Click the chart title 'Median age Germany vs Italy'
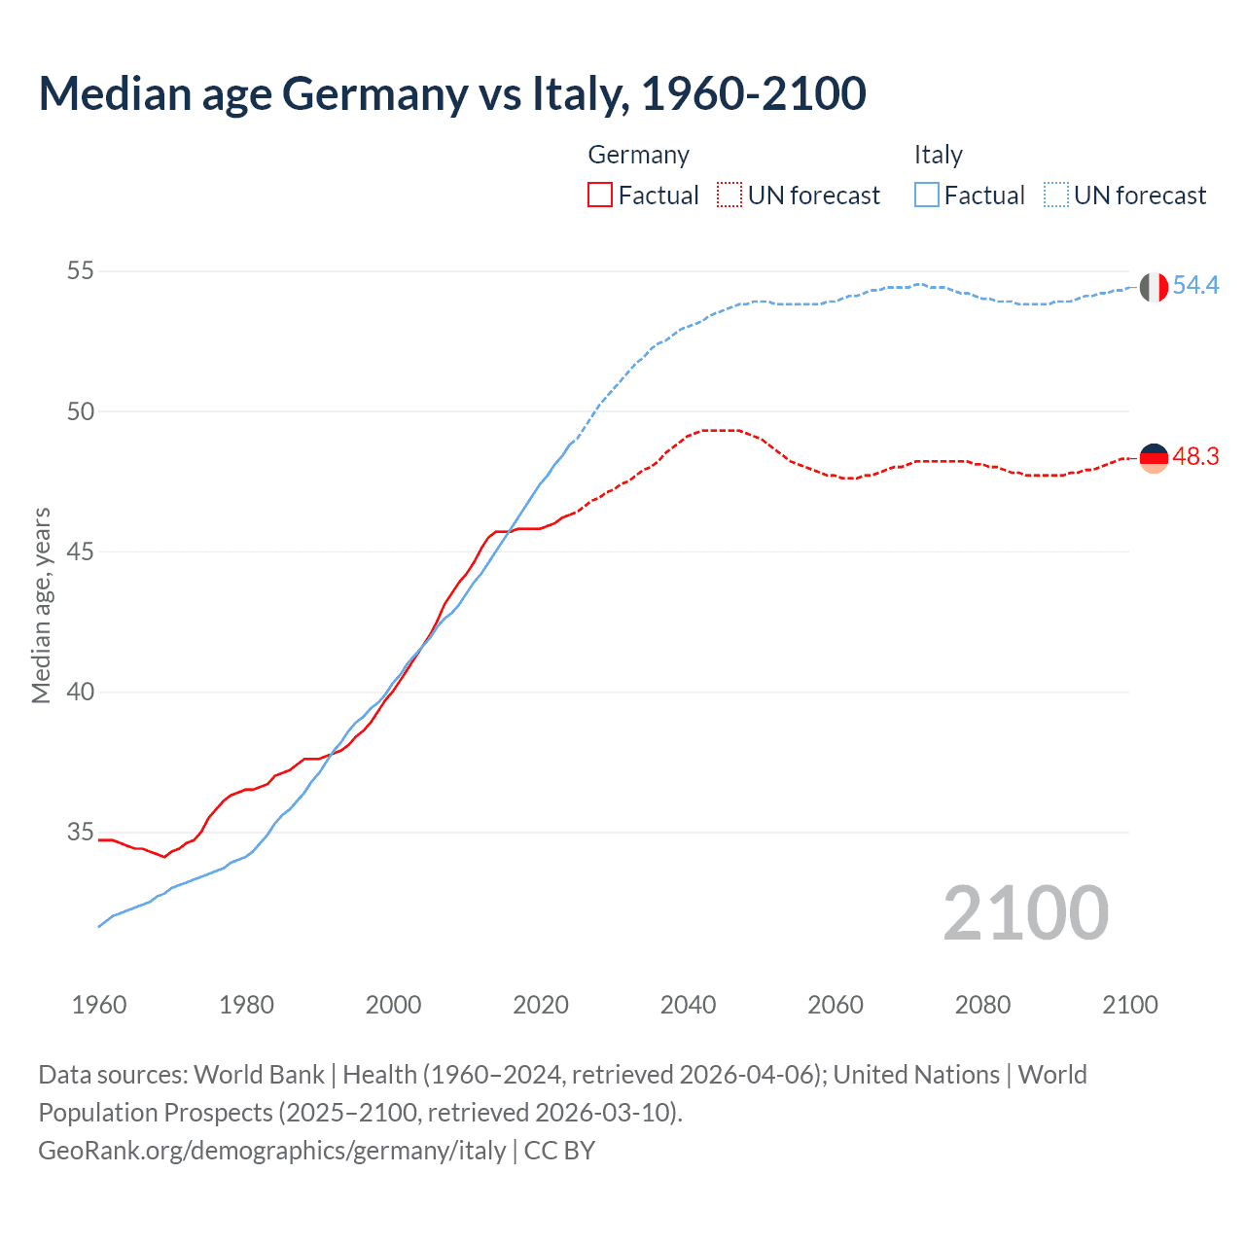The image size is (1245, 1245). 452,94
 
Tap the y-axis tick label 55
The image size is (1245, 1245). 81,270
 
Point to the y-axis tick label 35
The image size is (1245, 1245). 81,833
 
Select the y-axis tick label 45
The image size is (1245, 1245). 81,551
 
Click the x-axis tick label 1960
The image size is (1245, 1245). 99,1005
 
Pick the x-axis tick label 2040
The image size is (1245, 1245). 688,1005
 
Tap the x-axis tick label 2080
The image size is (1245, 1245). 982,1005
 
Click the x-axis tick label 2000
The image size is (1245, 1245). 393,1005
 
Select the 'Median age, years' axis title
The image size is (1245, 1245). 41,605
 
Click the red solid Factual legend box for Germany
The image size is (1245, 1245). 600,196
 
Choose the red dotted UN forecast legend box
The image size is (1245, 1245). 729,196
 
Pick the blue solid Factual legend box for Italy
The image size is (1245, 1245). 927,196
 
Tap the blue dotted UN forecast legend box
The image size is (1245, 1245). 1056,196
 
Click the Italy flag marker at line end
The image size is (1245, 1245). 1154,287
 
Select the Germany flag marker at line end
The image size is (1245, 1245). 1154,458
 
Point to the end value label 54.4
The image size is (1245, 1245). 1195,285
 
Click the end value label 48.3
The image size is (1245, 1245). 1195,456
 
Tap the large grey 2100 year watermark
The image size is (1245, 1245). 1025,913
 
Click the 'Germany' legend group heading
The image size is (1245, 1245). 639,155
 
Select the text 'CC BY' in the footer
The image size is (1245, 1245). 559,1151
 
